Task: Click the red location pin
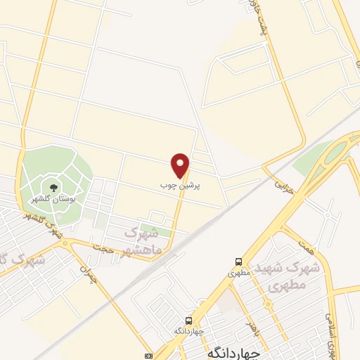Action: point(181,165)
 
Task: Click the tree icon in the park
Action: point(53,187)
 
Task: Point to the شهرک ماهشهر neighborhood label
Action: point(143,241)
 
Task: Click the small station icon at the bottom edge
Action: point(148,355)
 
